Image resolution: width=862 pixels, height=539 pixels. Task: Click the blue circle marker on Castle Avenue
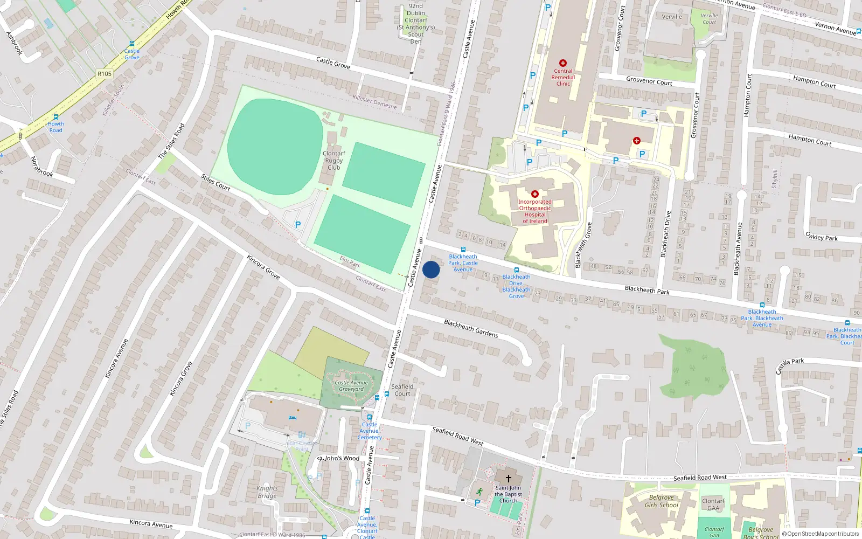431,269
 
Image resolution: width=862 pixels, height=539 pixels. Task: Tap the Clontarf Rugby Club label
334,160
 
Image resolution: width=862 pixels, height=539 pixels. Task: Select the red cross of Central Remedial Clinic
563,63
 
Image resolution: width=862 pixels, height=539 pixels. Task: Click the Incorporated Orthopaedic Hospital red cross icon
535,194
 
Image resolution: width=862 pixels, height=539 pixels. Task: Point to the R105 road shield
105,74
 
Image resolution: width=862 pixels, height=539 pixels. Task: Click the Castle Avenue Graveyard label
351,386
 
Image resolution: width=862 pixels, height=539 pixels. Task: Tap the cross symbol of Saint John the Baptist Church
508,478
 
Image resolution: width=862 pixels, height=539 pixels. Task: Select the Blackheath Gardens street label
471,328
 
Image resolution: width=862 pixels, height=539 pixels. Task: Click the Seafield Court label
402,390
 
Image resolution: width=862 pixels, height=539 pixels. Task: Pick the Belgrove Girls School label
661,501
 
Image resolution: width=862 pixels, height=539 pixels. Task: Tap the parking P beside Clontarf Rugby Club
297,225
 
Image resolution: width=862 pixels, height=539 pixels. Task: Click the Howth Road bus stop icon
55,117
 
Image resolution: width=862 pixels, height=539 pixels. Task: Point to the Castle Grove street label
333,63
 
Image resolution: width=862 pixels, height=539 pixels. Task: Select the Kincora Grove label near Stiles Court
263,267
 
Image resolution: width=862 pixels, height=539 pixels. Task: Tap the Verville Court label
709,19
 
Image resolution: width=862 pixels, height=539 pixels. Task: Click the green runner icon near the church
479,492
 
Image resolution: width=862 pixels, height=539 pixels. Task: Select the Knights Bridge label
267,492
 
